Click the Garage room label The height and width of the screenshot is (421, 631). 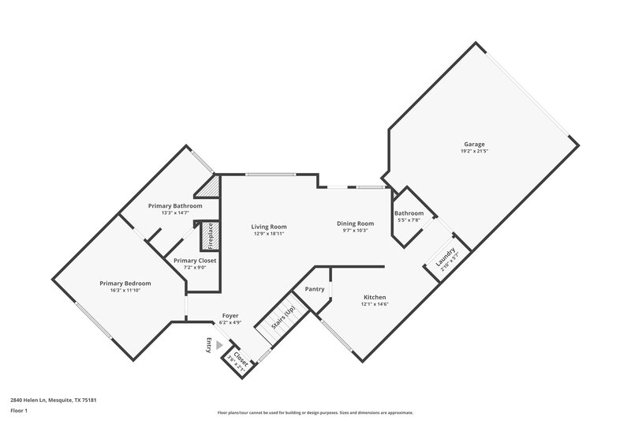coord(474,145)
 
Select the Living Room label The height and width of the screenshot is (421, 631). coord(268,227)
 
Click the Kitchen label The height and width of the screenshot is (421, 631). coord(374,297)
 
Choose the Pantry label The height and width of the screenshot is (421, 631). coord(315,289)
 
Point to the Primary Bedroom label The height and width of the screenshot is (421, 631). coord(125,283)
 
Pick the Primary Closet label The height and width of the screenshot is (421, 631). coord(195,261)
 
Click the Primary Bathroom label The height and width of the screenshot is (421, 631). coord(176,205)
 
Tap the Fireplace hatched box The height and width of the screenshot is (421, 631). coord(210,235)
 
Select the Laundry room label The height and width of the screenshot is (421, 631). coord(442,257)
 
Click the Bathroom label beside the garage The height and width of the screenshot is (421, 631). coord(409,213)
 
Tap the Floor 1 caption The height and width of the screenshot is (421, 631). coord(19,411)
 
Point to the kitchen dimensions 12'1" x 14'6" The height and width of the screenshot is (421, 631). coord(374,304)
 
